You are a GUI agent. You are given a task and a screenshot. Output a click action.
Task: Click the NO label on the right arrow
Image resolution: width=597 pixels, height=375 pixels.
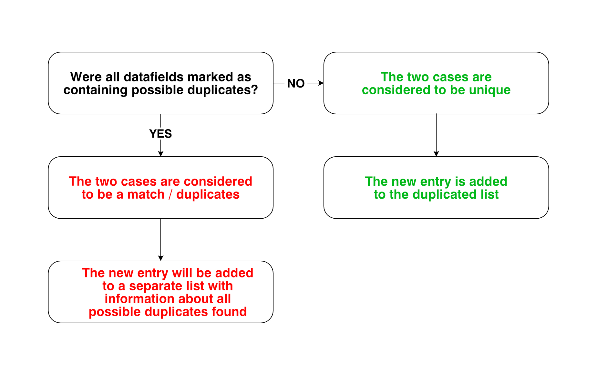pos(296,83)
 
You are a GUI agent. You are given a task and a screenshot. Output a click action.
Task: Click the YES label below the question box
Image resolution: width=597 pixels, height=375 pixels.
pos(160,134)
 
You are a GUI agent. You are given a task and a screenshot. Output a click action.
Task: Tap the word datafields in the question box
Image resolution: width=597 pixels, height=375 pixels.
pos(153,77)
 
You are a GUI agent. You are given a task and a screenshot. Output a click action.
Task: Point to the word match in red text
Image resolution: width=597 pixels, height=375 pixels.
pos(146,194)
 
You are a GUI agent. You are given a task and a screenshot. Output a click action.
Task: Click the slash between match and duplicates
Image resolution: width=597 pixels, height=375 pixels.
pos(170,195)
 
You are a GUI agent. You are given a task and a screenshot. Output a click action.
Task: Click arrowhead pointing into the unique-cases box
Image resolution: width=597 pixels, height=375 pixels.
pos(321,83)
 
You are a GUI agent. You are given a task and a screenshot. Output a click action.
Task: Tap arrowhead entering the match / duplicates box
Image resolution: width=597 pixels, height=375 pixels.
pos(160,154)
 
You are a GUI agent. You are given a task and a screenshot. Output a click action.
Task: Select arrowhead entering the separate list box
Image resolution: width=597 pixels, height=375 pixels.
pos(160,258)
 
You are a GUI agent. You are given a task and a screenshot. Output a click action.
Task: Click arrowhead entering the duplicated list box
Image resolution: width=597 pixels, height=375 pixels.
pos(436,154)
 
